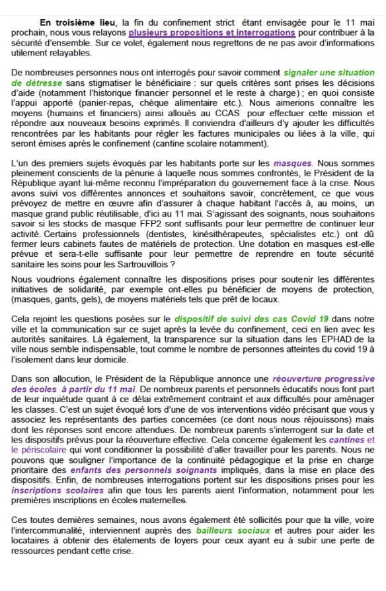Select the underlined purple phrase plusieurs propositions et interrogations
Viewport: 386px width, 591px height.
tap(212, 32)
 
